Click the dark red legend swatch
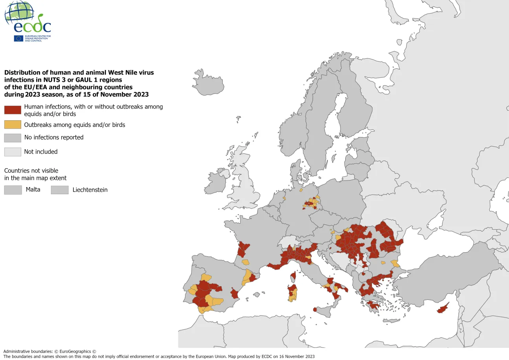tap(13, 110)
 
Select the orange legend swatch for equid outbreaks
tap(13, 125)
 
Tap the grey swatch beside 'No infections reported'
tap(13, 138)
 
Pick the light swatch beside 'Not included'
tap(13, 152)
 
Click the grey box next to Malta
tap(13, 190)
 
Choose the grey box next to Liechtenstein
tap(60, 190)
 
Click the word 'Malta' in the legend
tap(33, 189)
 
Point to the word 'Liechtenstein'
tap(90, 190)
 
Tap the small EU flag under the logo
tap(18, 38)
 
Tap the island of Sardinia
tap(293, 293)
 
